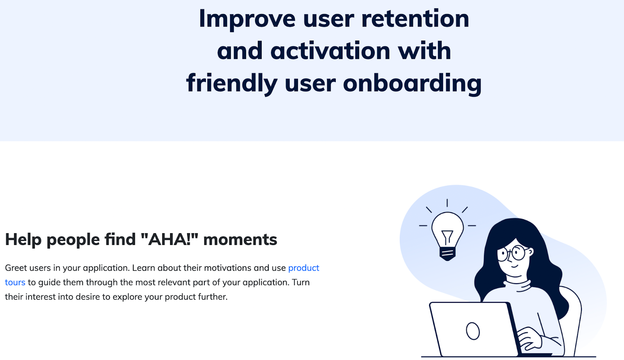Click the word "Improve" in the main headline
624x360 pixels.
point(247,19)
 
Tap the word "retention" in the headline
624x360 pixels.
point(415,18)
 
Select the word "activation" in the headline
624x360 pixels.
point(330,51)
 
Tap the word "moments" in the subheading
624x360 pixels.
point(240,239)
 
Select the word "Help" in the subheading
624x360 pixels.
point(23,239)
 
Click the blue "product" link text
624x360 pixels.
point(304,268)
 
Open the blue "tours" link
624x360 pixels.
point(15,282)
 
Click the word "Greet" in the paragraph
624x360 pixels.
point(16,268)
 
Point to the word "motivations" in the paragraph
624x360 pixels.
point(228,268)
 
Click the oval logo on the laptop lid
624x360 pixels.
point(473,331)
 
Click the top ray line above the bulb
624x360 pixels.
point(447,203)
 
